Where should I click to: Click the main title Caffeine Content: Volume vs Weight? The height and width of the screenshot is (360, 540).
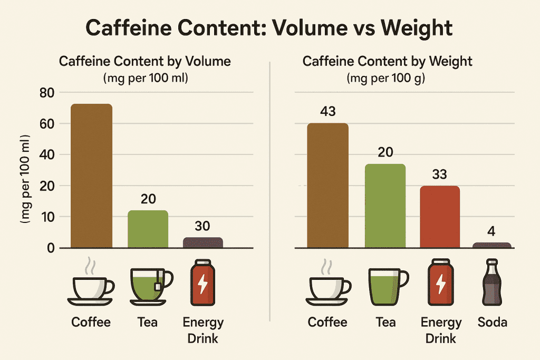click(x=269, y=28)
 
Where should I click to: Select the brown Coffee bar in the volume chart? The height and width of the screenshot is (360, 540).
click(x=92, y=176)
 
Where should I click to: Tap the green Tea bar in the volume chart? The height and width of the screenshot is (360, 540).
click(x=148, y=229)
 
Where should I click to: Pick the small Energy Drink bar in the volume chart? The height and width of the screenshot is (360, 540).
click(x=203, y=242)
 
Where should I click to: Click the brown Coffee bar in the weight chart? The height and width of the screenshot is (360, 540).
click(x=327, y=186)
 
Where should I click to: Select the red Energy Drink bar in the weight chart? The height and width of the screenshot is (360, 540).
click(x=439, y=217)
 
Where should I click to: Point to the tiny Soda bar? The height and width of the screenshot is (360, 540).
click(x=492, y=245)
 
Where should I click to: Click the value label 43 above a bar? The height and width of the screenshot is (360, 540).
click(x=327, y=112)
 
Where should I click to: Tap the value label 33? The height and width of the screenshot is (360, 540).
click(x=439, y=174)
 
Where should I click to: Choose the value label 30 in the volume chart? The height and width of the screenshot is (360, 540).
click(x=202, y=226)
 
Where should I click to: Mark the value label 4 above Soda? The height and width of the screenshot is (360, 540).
click(x=491, y=231)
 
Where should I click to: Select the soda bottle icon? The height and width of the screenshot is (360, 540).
click(x=492, y=283)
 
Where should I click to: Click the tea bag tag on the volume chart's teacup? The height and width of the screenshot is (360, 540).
click(x=157, y=286)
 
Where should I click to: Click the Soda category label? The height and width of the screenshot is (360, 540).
click(x=492, y=322)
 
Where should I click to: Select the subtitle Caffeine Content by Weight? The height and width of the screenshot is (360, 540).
click(x=388, y=61)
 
